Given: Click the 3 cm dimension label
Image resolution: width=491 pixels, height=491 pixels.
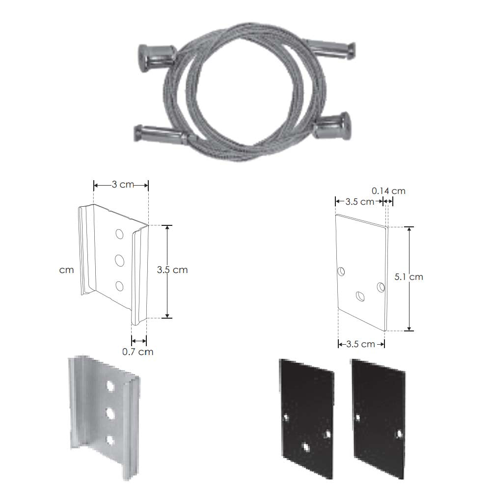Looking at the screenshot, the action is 123,185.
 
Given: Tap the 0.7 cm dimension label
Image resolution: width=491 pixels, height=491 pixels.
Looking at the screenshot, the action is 138,352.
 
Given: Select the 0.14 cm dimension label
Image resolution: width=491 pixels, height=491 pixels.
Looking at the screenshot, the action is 388,191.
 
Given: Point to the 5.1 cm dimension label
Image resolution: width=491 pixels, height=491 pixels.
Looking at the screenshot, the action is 409,277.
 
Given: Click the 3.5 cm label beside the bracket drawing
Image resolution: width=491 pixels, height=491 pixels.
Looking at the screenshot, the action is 172,270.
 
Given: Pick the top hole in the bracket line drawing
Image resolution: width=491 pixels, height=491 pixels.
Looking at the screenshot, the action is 119,234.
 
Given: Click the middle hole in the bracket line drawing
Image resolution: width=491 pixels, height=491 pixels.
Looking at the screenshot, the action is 120,261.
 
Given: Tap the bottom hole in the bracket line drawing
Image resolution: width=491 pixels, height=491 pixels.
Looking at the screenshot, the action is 119,286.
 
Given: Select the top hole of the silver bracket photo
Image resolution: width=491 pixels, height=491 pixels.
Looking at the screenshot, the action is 110,386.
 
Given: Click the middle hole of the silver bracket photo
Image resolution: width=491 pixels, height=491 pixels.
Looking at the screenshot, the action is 110,413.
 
